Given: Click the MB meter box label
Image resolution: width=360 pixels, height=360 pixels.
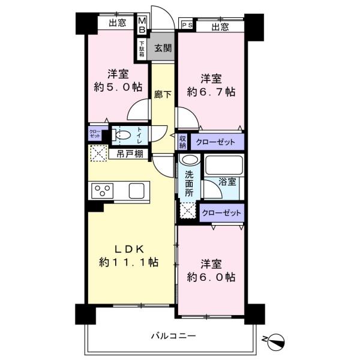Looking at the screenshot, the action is (x=142, y=25).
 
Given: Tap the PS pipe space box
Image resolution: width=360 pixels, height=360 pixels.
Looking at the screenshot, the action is (x=187, y=25).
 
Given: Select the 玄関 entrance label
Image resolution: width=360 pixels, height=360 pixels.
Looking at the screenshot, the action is (x=163, y=48).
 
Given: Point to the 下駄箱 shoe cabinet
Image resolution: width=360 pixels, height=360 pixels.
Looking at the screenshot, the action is (x=142, y=49).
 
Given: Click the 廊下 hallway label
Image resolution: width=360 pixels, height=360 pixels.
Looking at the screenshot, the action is (x=163, y=95).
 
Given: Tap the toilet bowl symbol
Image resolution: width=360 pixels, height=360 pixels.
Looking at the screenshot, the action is (x=121, y=135).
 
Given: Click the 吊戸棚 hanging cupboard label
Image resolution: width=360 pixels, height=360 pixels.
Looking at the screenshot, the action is (x=130, y=154).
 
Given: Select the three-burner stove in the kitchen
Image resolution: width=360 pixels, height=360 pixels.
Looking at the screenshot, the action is (x=103, y=191).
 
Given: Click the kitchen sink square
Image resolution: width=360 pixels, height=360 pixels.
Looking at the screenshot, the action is (x=137, y=191).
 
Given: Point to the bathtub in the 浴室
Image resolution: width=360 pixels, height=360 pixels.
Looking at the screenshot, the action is (x=224, y=165).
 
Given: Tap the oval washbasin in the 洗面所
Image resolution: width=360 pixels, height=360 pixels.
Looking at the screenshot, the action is (x=189, y=160).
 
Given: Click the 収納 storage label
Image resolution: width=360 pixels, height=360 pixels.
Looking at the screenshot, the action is (x=183, y=142).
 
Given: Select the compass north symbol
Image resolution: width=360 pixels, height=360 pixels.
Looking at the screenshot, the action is (x=275, y=340).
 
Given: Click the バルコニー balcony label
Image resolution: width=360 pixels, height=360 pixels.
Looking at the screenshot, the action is (x=173, y=336).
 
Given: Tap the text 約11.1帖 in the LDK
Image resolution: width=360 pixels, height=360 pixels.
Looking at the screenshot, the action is (x=128, y=262).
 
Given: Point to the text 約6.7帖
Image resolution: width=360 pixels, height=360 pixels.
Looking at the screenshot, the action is (x=211, y=92).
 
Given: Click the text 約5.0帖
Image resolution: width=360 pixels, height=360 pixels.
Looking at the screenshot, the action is (x=118, y=87).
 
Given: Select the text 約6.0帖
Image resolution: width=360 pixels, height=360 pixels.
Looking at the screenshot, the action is (x=211, y=277).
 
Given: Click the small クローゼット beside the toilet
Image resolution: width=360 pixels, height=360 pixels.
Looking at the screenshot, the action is (x=95, y=133).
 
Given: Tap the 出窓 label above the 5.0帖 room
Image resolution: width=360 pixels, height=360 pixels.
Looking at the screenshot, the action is (x=118, y=23).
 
